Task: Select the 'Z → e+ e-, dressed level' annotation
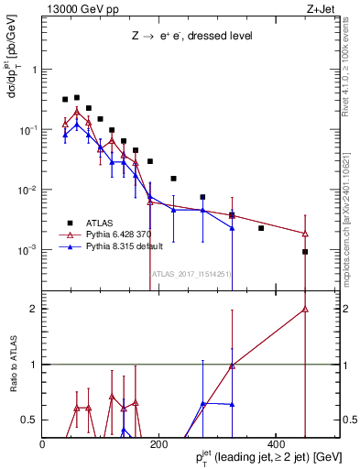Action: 191,38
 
